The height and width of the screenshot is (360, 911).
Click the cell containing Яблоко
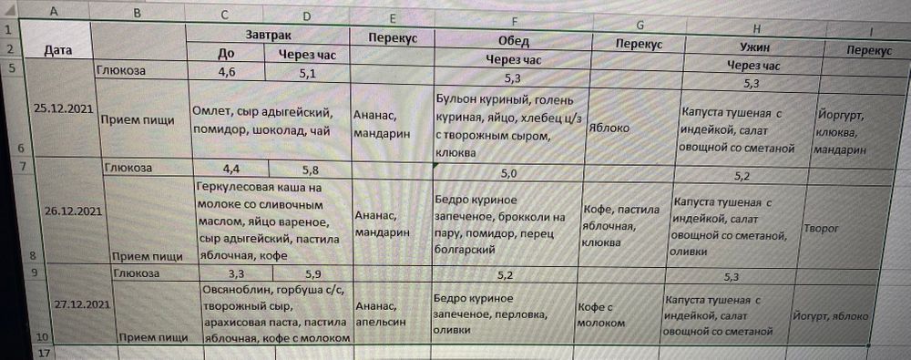point(611,129)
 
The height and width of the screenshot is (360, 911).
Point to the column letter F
point(516,21)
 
